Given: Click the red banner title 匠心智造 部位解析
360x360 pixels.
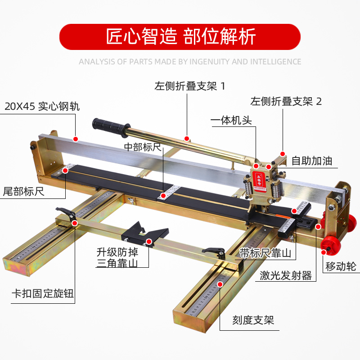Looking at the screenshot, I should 180,36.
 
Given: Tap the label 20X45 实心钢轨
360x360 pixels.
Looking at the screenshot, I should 42,107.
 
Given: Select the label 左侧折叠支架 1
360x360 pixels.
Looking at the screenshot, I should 189,86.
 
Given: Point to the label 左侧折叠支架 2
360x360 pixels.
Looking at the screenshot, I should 286,101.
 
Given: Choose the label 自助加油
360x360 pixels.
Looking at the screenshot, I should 312,161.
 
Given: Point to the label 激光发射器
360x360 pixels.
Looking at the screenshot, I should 286,275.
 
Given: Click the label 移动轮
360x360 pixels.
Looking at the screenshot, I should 341,267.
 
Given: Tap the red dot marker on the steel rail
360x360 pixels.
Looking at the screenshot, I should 76,139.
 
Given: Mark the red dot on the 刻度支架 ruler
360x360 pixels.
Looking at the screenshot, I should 220,284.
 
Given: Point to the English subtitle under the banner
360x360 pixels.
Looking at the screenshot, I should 190,62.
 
